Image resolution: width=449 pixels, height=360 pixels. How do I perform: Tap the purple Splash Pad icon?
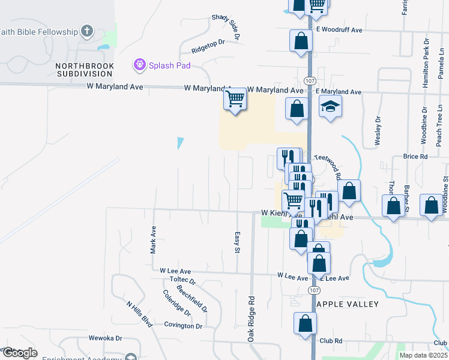[x=140, y=63]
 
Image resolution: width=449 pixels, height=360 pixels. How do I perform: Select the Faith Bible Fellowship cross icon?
[x=86, y=31]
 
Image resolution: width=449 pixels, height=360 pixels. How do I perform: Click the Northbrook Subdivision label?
[x=84, y=69]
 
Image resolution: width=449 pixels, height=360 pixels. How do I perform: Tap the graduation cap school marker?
[x=330, y=107]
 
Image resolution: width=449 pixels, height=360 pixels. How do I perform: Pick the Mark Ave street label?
[x=154, y=238]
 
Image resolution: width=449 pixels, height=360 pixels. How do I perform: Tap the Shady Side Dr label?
[x=226, y=28]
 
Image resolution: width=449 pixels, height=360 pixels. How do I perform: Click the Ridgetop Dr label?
[x=208, y=43]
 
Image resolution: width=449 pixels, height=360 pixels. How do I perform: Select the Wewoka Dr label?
[x=106, y=338]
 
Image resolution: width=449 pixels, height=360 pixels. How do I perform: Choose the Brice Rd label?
[x=415, y=157]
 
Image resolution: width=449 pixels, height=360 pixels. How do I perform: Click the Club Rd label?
[x=331, y=340]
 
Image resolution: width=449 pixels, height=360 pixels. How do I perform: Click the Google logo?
[x=19, y=353]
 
